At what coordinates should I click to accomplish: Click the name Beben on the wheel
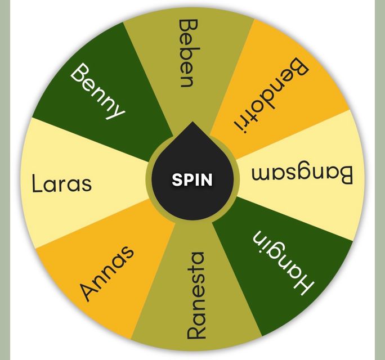[x=189, y=53]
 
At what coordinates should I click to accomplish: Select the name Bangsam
[x=302, y=175]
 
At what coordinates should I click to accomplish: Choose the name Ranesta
[x=195, y=295]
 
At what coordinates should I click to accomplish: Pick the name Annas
[x=108, y=273]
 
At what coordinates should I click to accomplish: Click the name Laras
[x=62, y=183]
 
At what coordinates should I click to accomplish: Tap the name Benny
[x=97, y=91]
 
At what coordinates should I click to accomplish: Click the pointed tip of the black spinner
[x=192, y=121]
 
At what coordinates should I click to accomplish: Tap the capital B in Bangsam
[x=345, y=175]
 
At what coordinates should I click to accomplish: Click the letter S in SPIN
[x=177, y=179]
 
